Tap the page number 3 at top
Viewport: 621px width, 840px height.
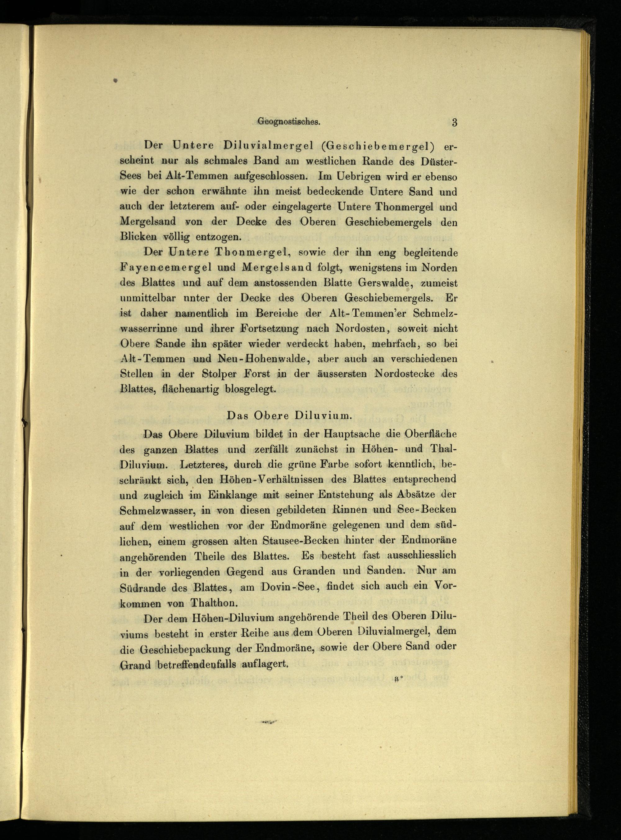(x=455, y=123)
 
